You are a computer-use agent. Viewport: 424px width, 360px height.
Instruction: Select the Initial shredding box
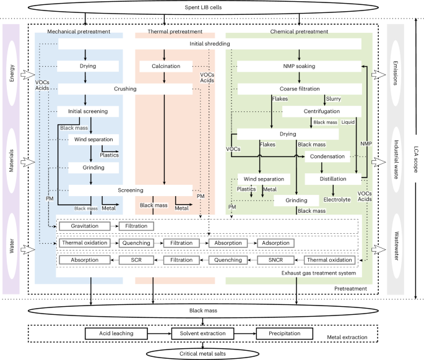coord(210,44)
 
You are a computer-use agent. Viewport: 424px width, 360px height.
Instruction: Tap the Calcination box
coord(164,66)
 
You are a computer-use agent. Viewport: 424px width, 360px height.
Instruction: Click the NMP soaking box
coord(299,66)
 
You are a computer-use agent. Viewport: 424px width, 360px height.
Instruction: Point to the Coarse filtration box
coord(299,89)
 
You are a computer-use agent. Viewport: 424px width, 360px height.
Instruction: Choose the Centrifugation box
coord(321,111)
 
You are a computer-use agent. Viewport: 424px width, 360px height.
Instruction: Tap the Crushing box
coord(125,89)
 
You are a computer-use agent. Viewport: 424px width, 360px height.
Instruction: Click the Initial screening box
coord(92,111)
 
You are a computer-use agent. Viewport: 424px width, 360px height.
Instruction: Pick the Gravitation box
coord(84,226)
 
